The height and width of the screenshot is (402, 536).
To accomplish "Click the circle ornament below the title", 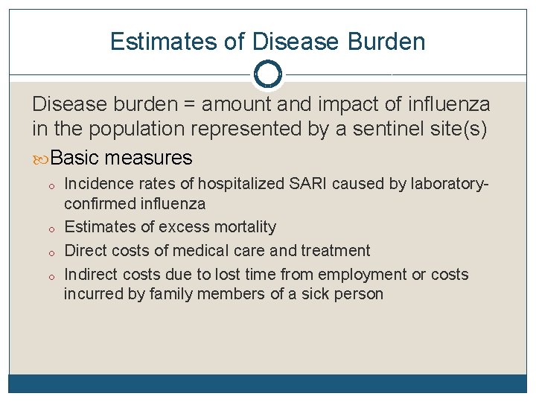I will pyautogui.click(x=268, y=74).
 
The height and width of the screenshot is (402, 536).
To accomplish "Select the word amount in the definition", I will pyautogui.click(x=237, y=105).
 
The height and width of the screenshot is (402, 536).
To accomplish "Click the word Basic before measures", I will pyautogui.click(x=77, y=158).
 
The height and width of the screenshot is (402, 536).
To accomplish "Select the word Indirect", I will pyautogui.click(x=91, y=274).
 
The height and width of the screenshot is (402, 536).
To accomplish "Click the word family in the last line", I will pyautogui.click(x=170, y=293).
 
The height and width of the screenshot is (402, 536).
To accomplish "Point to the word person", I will pyautogui.click(x=359, y=293).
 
